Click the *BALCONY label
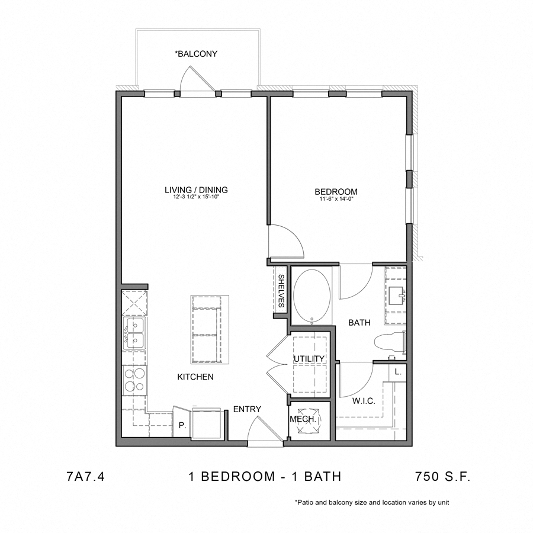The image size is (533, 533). tap(196, 54)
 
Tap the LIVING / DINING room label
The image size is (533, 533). tap(196, 190)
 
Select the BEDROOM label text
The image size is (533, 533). tap(336, 191)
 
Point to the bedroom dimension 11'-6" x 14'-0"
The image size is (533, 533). tap(336, 200)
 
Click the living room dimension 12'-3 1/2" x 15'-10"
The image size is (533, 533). tap(196, 198)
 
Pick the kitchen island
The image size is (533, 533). tap(208, 329)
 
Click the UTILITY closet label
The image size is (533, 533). tap(309, 359)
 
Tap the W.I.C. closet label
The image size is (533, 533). tap(364, 401)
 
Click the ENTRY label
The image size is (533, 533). tap(247, 409)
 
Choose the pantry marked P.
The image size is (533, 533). tap(182, 425)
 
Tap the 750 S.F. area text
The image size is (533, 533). tap(442, 477)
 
